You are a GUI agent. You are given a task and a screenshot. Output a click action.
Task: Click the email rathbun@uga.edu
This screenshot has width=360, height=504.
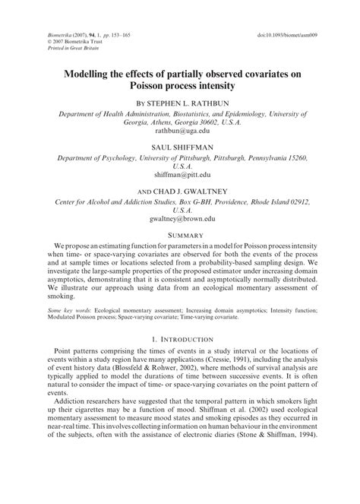[180, 131]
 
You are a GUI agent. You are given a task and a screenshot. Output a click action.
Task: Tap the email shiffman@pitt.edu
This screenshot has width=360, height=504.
[180, 174]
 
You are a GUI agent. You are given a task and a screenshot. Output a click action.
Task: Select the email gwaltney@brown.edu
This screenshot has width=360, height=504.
[180, 218]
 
